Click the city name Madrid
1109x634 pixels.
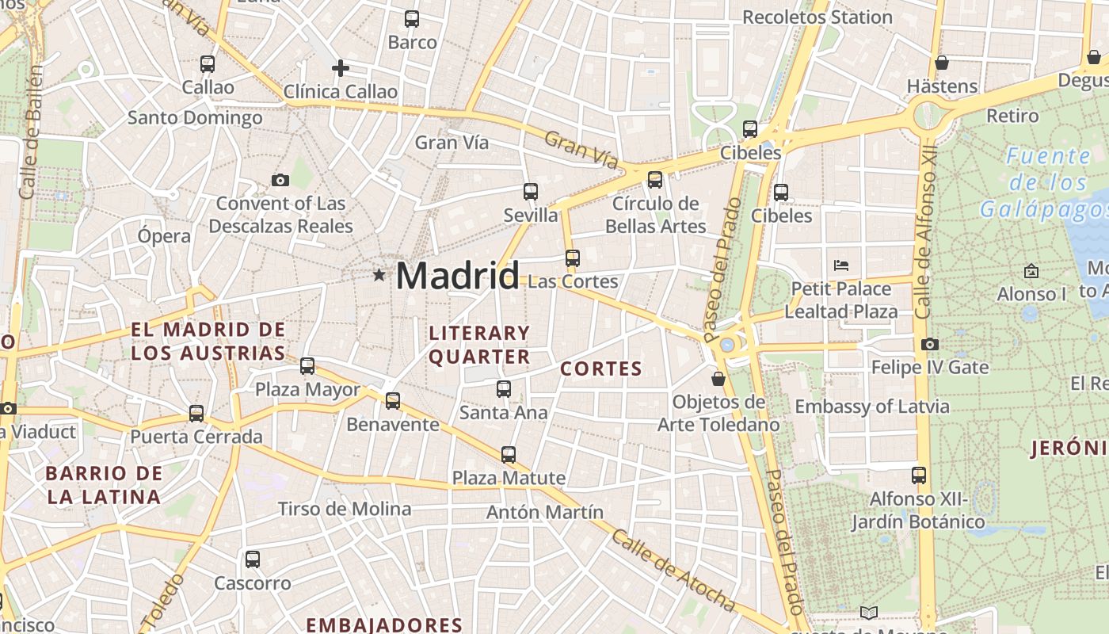click(457, 276)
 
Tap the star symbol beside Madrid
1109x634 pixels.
click(379, 275)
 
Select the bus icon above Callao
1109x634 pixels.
click(208, 64)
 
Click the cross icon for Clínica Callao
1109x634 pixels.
click(341, 68)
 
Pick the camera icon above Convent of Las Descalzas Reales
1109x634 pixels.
click(280, 181)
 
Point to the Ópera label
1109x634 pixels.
click(164, 236)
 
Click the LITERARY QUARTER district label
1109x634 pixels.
click(478, 345)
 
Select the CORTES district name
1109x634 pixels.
click(601, 369)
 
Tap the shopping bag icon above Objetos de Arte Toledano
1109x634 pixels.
click(718, 379)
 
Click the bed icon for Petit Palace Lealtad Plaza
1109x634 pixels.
click(841, 265)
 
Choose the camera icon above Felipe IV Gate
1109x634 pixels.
click(930, 344)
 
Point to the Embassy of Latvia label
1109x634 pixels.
click(871, 407)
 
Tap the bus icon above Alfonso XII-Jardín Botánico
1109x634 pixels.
click(918, 475)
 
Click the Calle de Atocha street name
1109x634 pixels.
click(673, 571)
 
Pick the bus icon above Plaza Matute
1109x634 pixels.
click(509, 455)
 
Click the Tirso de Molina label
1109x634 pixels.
click(344, 509)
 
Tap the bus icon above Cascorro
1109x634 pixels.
click(253, 560)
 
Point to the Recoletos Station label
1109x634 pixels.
click(817, 17)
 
